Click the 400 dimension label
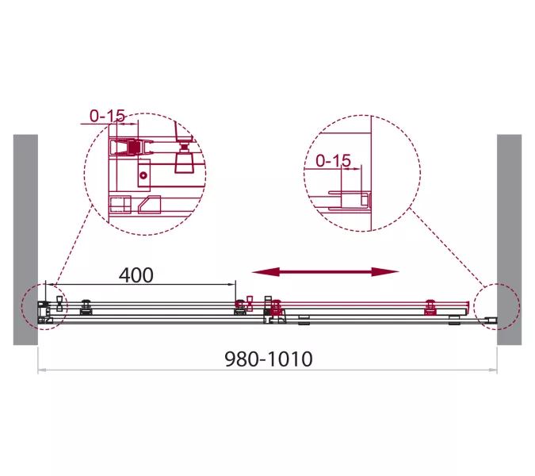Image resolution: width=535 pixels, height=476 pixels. click(136, 275)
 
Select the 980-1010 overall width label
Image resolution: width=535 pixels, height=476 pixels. click(269, 359)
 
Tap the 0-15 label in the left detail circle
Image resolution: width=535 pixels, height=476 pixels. click(107, 116)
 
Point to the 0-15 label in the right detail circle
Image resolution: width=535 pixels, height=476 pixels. click(333, 160)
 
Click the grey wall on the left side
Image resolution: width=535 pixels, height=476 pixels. click(25, 240)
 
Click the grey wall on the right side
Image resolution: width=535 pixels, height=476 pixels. click(509, 240)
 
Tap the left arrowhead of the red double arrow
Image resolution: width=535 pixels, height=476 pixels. click(265, 272)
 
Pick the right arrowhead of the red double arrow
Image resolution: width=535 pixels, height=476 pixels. click(385, 272)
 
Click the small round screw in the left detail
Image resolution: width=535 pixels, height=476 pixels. click(143, 175)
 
